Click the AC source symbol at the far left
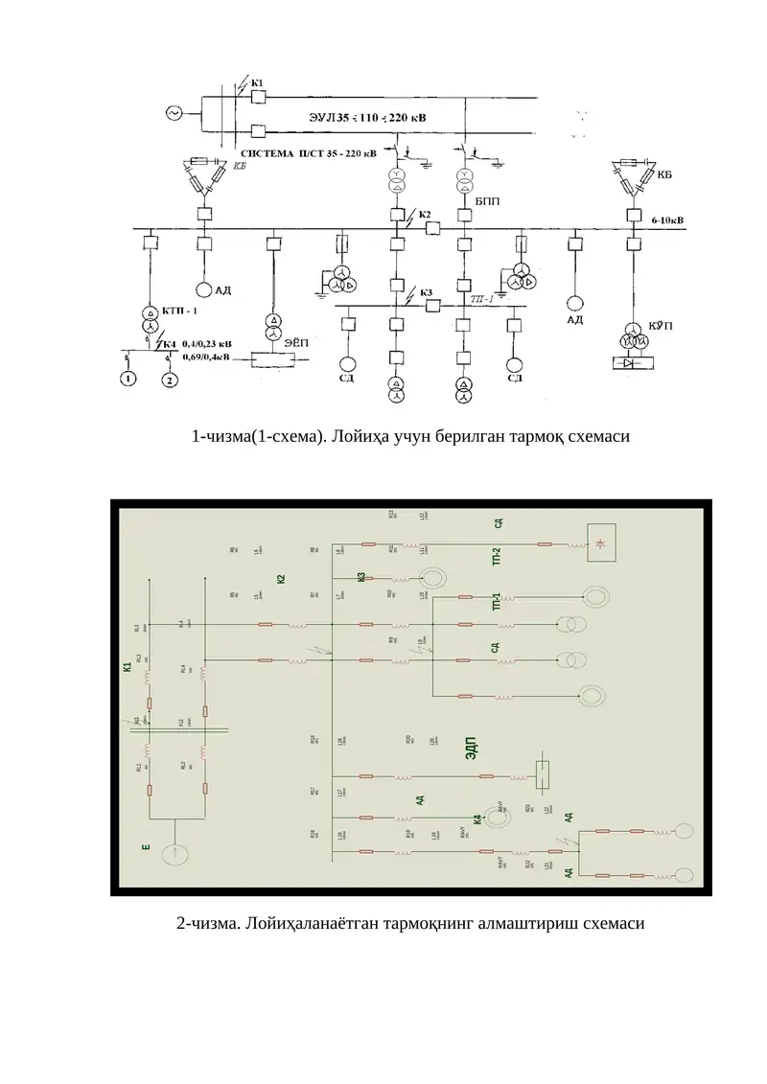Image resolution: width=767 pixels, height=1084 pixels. coord(174,112)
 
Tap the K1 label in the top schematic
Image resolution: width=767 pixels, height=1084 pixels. coord(257,82)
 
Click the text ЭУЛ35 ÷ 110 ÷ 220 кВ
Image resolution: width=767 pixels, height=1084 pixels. coord(355,116)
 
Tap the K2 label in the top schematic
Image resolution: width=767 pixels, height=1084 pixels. coord(425,213)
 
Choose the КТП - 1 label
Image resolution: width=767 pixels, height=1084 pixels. coord(181,311)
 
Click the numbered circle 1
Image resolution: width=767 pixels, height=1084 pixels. coord(128,381)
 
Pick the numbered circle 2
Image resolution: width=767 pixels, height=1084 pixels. coord(170,381)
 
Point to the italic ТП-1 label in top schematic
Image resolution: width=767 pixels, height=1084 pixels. coord(481,298)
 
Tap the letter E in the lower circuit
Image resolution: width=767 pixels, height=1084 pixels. coord(146,847)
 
